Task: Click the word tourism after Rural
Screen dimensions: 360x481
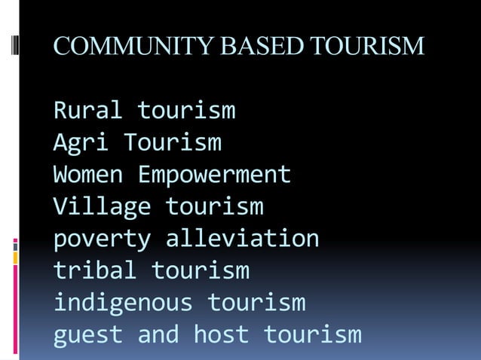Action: pos(186,111)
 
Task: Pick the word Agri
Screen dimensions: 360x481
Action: pos(81,142)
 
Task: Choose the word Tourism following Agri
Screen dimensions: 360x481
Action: pos(173,142)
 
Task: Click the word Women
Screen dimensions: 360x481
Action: pos(87,175)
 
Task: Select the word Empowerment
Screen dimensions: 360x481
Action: pos(214,175)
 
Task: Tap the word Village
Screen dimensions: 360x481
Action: pos(102,206)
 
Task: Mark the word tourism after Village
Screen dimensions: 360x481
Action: pos(214,206)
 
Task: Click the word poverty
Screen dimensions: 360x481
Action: pos(102,239)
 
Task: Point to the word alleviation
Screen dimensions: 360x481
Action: pos(242,239)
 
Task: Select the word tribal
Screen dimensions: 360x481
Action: pos(95,270)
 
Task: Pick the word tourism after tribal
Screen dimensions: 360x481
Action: pos(201,270)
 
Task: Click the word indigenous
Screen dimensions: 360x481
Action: pos(123,303)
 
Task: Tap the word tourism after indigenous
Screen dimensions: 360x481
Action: pos(256,303)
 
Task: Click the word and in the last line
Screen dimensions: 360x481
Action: pos(158,334)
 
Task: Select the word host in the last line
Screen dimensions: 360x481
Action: pos(222,334)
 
